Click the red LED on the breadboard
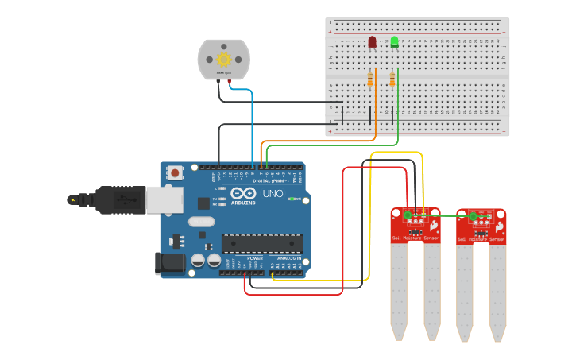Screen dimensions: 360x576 coord(372,41)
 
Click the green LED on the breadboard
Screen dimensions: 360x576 coord(394,41)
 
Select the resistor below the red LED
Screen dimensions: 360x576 coord(370,79)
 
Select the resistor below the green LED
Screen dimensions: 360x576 coord(392,79)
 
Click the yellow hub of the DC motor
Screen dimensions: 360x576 coord(223,59)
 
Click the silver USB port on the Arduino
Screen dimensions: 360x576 coord(164,200)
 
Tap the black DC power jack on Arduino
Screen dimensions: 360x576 coord(168,263)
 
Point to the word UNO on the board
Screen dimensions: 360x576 coord(273,193)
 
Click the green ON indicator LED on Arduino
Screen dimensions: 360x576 coord(290,199)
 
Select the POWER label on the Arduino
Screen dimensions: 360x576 coord(254,258)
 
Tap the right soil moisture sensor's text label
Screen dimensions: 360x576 coord(481,238)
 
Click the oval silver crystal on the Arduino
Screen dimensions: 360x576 coord(202,222)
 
